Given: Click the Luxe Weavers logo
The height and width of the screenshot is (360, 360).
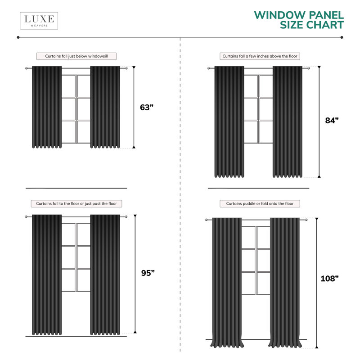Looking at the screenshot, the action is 39,21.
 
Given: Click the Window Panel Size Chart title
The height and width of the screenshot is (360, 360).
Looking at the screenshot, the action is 299,20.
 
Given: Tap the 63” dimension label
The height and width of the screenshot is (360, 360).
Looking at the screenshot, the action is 147,108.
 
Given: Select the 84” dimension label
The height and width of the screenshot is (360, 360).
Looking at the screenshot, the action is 332,120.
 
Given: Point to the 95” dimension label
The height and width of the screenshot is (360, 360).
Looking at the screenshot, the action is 148,273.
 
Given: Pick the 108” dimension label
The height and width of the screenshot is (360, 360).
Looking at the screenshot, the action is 329,279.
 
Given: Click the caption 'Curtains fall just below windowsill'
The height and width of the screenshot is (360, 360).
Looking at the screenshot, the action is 76,56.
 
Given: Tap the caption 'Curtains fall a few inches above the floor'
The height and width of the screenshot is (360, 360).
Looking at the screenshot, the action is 260,56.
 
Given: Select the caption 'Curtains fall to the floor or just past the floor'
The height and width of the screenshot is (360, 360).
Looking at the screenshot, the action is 76,204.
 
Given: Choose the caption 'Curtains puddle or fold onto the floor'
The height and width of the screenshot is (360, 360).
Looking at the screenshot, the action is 260,204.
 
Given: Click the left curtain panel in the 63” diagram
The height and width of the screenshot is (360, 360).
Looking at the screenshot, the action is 47,107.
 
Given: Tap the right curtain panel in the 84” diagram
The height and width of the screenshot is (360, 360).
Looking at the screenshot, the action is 288,122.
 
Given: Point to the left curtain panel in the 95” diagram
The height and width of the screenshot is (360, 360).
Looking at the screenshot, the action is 47,275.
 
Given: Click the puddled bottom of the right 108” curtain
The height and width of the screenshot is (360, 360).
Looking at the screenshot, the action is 285,344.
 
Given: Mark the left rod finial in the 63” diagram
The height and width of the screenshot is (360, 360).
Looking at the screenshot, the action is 27,68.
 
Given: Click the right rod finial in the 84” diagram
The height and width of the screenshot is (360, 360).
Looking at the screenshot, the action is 308,68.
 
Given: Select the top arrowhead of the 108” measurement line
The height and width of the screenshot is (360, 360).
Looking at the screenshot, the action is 317,219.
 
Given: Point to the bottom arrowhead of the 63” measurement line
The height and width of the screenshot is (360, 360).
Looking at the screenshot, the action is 134,147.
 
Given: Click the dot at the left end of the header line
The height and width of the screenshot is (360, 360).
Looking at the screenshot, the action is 18,37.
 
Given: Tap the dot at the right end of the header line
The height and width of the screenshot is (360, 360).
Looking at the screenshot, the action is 342,37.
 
